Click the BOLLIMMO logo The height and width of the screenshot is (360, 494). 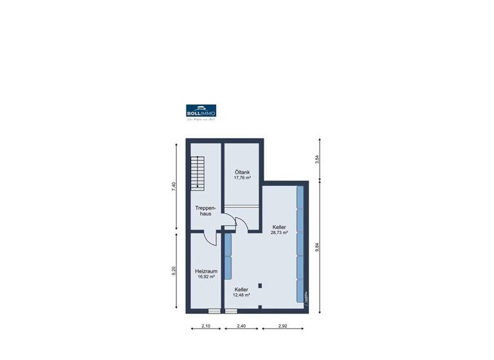(201, 112)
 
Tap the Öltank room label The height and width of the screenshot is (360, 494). (242, 172)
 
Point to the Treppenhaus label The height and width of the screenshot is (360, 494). (205, 210)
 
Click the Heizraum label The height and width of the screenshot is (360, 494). (206, 271)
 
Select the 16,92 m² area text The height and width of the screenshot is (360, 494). (206, 277)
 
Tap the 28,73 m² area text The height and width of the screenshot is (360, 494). (279, 233)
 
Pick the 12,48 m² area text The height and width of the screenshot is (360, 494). (241, 296)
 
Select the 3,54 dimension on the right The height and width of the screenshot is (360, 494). (316, 159)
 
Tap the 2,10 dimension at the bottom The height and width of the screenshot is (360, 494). (205, 327)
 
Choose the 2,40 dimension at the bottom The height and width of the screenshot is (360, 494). (241, 327)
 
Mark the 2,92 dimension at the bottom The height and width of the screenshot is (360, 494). (284, 327)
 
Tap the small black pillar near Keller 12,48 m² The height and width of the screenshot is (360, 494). (259, 285)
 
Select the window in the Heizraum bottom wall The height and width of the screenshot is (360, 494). (214, 311)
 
